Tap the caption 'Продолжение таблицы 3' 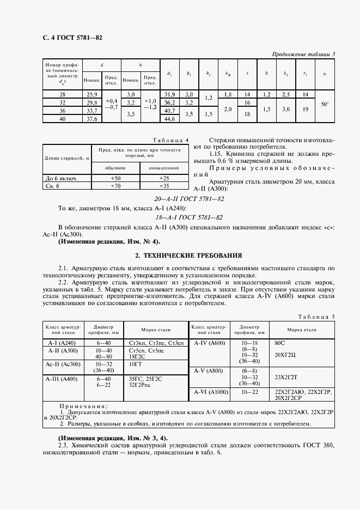[x=303, y=53]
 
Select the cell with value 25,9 [x=92, y=95]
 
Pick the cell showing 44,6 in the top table [x=170, y=119]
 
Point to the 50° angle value [x=325, y=104]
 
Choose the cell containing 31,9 [x=170, y=95]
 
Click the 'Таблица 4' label [x=170, y=140]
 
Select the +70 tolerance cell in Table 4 [x=115, y=186]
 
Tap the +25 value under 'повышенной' [x=164, y=179]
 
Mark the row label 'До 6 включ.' [x=59, y=179]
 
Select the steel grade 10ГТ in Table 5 [x=135, y=362]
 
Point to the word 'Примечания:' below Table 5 [x=83, y=406]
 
